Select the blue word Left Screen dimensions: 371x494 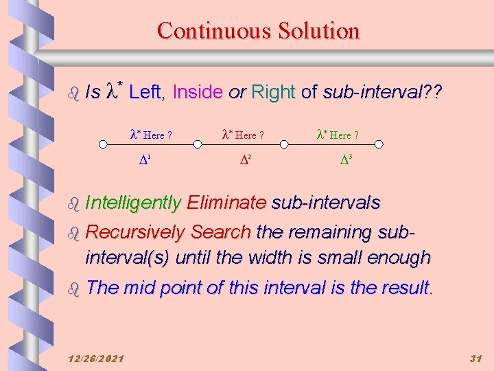[x=147, y=92]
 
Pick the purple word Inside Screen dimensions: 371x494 [x=198, y=92]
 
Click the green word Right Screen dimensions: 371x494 [x=273, y=92]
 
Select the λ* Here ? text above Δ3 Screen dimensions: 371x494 [x=338, y=135]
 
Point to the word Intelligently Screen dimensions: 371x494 [x=133, y=203]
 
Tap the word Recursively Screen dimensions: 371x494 [x=135, y=233]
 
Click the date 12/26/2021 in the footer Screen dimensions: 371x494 [x=97, y=359]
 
